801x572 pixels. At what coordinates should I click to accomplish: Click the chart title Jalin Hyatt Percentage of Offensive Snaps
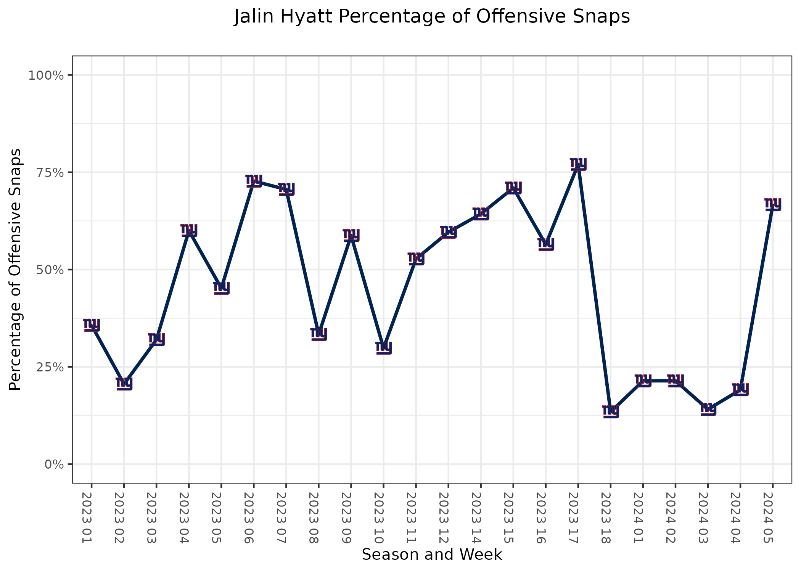(432, 17)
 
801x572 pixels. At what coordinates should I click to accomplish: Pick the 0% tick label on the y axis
(54, 464)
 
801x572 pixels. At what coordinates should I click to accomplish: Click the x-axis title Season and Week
(432, 555)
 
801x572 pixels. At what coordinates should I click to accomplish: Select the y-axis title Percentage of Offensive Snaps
(15, 270)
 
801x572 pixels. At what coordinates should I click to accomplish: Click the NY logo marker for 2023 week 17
(578, 164)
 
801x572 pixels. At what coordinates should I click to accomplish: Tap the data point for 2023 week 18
(611, 411)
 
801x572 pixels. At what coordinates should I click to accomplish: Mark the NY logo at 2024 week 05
(773, 204)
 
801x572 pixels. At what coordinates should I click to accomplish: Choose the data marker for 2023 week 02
(124, 383)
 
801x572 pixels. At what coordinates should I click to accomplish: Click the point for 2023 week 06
(254, 180)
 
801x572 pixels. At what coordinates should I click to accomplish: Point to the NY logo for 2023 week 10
(384, 347)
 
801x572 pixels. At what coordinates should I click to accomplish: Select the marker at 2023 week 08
(319, 333)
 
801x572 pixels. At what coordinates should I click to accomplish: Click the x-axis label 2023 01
(87, 517)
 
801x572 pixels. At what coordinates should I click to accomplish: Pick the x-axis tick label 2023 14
(476, 517)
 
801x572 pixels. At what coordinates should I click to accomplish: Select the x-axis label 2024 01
(639, 517)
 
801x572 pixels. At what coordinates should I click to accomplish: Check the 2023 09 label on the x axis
(347, 517)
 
